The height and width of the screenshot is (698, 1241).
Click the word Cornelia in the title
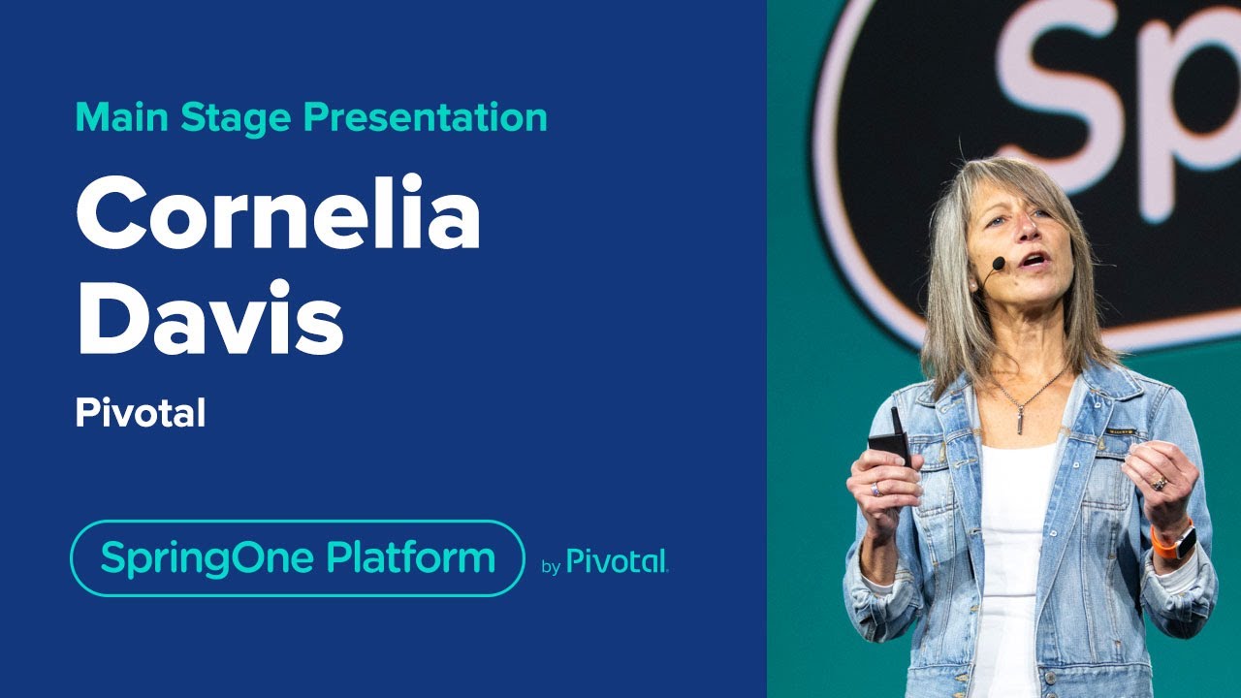278,216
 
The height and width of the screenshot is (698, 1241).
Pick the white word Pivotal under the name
141,414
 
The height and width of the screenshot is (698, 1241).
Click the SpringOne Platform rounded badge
297,558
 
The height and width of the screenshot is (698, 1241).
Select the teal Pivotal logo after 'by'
618,561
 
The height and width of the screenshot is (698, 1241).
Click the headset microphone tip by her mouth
998,263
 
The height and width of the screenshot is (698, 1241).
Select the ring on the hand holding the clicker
875,489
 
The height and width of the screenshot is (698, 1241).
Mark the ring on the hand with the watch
1158,483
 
